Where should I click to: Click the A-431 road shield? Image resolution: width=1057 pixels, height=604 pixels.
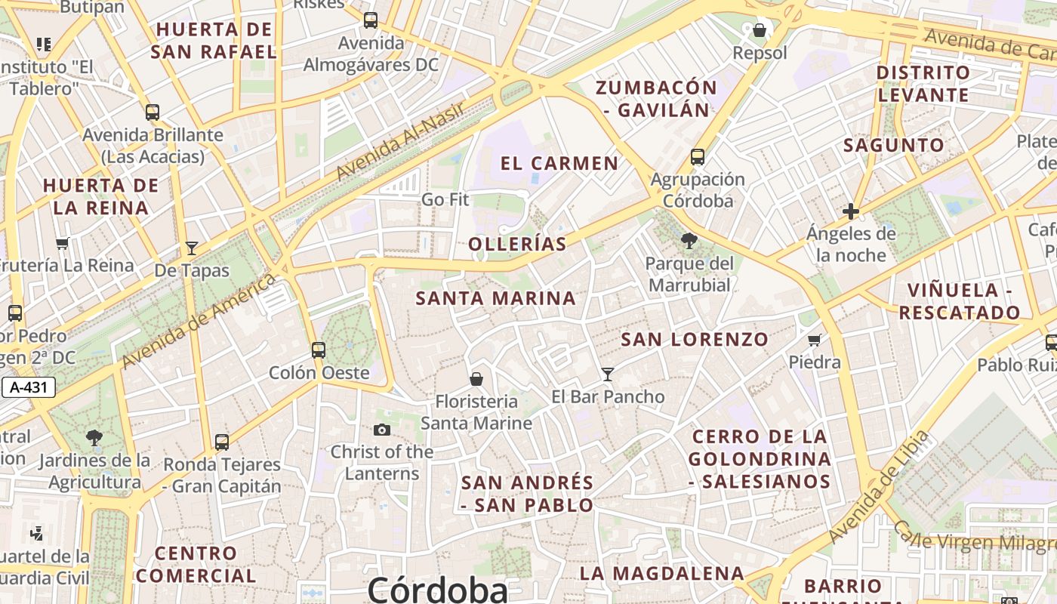click(x=28, y=388)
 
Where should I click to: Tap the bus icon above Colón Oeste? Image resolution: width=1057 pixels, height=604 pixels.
click(x=319, y=350)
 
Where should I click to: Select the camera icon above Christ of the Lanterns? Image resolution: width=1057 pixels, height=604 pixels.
click(x=382, y=430)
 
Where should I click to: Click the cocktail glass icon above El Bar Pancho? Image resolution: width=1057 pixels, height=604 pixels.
click(x=607, y=374)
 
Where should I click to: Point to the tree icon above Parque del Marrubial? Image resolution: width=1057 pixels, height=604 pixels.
click(x=689, y=241)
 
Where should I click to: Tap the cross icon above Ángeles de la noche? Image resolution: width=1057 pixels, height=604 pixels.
click(x=851, y=211)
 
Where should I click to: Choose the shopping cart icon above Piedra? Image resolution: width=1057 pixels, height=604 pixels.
click(x=814, y=341)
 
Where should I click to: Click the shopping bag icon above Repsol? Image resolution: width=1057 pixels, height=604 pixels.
click(x=760, y=30)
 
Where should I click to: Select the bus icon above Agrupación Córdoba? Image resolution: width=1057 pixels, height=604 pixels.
click(x=698, y=157)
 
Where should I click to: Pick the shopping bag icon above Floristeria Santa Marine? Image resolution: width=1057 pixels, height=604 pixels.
click(x=476, y=378)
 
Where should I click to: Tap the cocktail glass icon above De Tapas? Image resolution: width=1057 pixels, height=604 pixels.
click(x=192, y=248)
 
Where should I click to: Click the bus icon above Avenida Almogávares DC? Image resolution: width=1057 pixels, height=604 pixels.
click(x=370, y=20)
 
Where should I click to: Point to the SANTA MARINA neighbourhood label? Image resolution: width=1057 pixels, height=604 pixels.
click(x=496, y=298)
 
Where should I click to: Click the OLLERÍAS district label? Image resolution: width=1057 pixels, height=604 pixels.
click(x=517, y=244)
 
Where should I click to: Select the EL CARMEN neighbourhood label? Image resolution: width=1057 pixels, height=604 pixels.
click(x=559, y=163)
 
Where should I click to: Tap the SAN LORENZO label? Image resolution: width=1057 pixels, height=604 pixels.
click(x=695, y=339)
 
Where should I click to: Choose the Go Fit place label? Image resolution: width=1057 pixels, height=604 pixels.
click(x=445, y=199)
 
